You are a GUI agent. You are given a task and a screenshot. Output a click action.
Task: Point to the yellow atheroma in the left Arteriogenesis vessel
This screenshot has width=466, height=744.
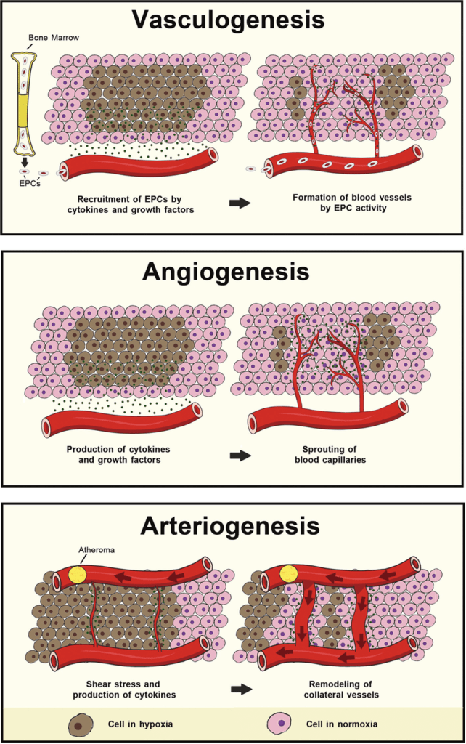76,575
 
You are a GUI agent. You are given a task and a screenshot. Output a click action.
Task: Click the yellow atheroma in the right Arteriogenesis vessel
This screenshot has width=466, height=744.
288,573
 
